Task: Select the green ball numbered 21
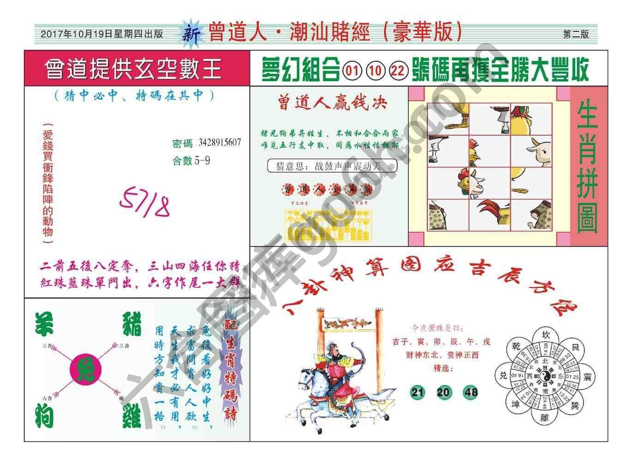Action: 417,392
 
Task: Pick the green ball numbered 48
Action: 471,392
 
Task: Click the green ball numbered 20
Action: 444,392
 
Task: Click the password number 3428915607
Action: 220,143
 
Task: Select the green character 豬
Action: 131,324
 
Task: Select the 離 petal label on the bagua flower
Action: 546,417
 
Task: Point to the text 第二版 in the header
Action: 576,34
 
